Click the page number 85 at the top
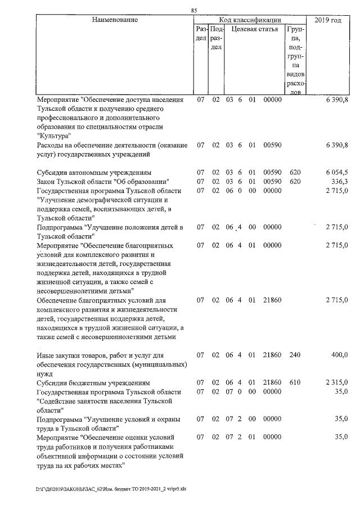point(194,10)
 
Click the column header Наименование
point(115,20)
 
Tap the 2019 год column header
point(329,20)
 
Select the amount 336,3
point(340,182)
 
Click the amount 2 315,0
point(337,382)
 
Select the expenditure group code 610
point(295,382)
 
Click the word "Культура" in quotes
point(55,136)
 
